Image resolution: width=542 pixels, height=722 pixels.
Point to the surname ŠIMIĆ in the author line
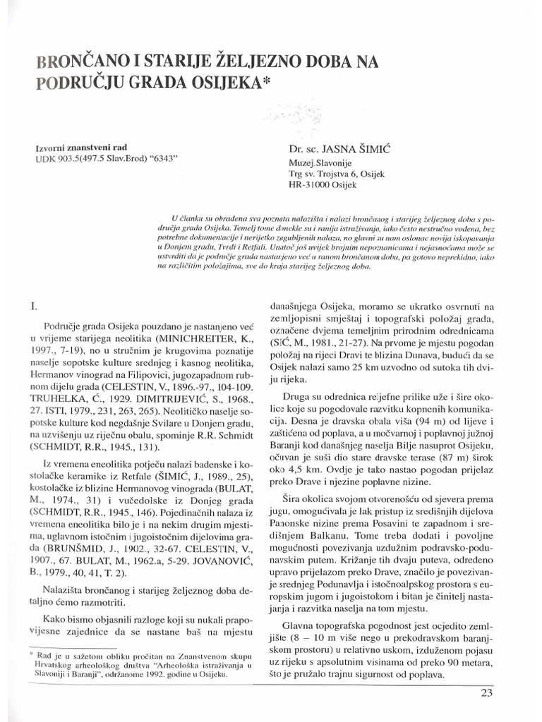366,149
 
